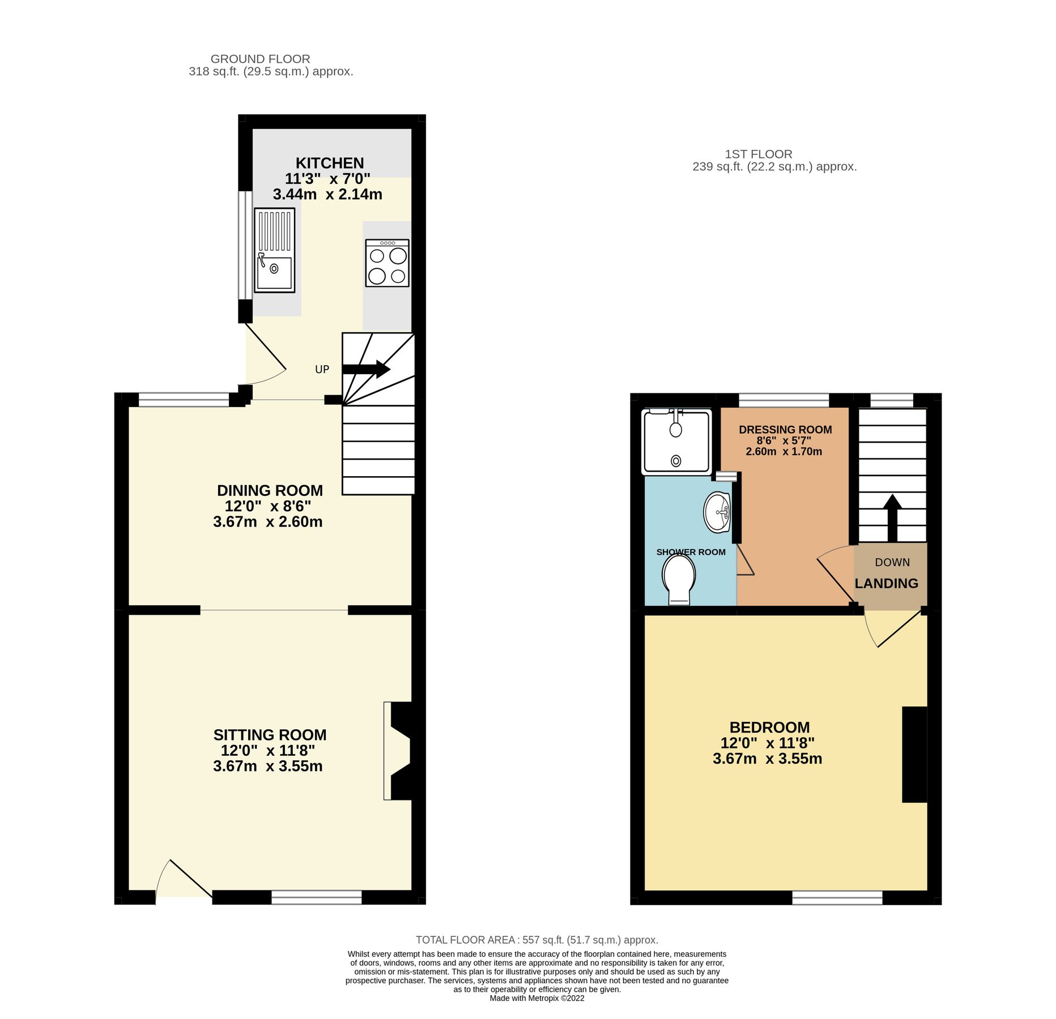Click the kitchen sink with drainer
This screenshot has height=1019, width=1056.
274,250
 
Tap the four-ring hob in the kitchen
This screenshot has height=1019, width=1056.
387,263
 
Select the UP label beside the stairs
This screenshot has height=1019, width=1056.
322,370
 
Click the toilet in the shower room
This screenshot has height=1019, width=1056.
679,579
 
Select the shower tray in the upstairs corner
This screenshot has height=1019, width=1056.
675,442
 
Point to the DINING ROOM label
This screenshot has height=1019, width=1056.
270,490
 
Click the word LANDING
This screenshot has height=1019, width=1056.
886,583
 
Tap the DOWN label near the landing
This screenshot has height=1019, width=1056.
892,562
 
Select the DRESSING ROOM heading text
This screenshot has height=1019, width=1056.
785,430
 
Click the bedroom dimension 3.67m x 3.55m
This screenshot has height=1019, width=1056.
767,759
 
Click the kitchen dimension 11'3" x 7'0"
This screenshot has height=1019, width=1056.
327,179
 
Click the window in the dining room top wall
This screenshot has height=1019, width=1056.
184,400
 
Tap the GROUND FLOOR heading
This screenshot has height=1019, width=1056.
260,59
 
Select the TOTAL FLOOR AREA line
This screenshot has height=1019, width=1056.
536,940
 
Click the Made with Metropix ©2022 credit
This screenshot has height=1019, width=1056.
536,998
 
